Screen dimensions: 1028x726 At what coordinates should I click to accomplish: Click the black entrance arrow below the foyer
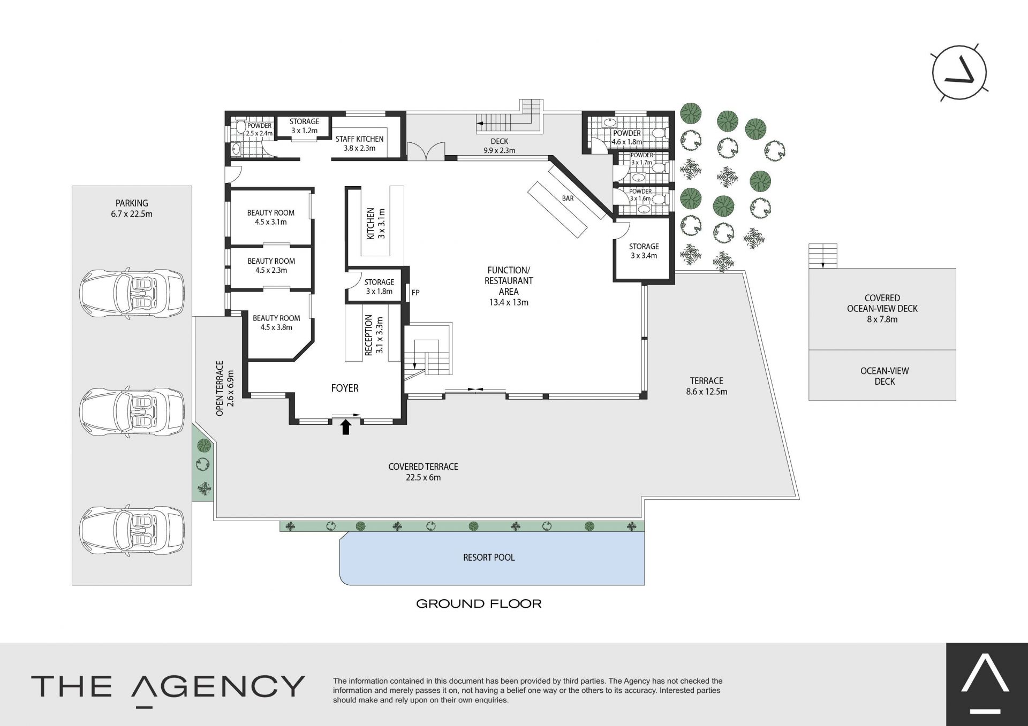tap(346, 426)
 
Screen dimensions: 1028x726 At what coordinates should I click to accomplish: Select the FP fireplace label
tap(415, 293)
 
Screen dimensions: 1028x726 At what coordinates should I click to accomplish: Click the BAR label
tap(568, 198)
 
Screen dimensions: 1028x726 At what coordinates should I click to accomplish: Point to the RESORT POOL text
tap(489, 557)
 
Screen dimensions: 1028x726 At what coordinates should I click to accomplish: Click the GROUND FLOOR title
tap(479, 604)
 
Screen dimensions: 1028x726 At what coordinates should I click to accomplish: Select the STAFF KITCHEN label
tap(359, 139)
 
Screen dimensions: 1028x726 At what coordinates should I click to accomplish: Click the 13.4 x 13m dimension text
tap(509, 302)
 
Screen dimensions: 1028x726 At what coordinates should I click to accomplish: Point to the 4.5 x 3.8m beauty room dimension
tap(276, 327)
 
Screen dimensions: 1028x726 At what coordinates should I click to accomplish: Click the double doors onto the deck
tap(426, 150)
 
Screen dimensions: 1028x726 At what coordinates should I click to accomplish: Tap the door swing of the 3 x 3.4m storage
tap(621, 228)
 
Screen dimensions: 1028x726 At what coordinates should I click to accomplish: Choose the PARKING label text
tap(132, 203)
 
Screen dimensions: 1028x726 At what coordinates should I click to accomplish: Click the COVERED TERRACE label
tap(423, 467)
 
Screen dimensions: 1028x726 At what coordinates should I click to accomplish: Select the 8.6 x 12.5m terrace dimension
tap(707, 392)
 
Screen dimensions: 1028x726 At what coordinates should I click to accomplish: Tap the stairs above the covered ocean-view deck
tap(822, 256)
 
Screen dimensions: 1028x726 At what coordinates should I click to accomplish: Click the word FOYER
tap(345, 388)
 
